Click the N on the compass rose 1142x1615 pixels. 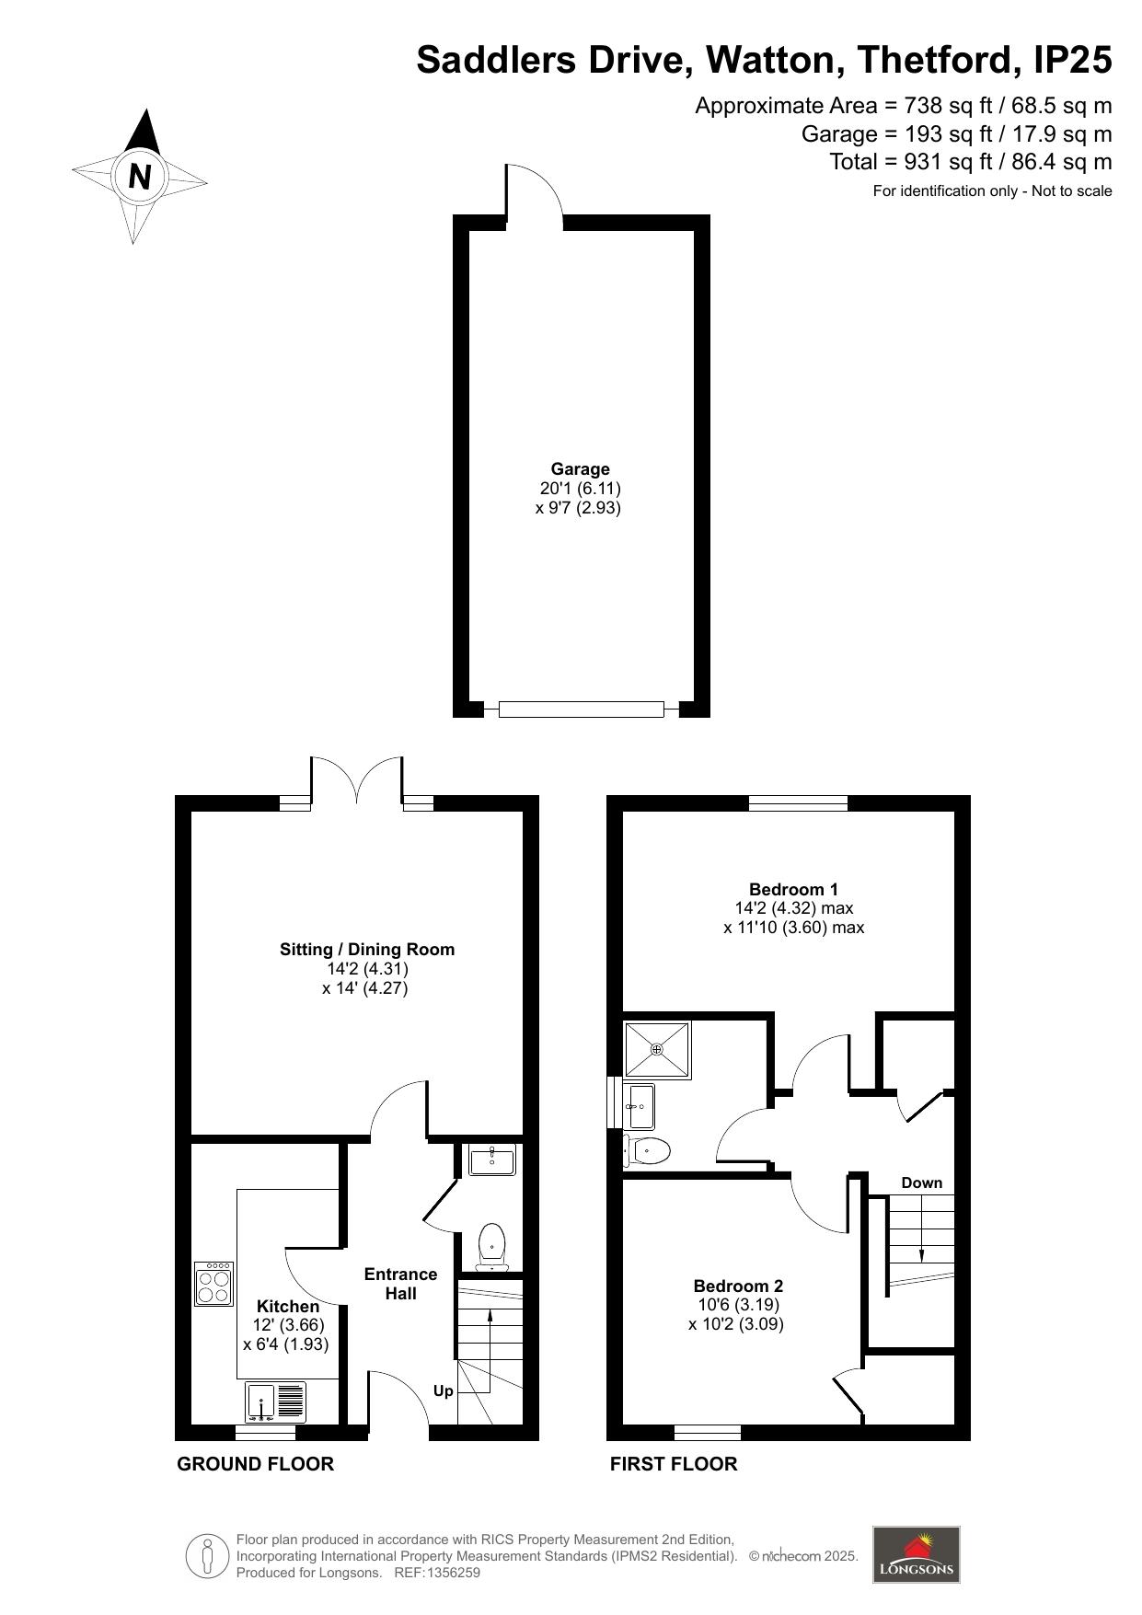tap(140, 176)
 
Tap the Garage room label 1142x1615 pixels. tap(580, 469)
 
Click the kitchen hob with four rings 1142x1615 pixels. tap(213, 1284)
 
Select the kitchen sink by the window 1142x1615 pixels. tap(276, 1403)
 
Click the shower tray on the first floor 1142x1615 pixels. tap(657, 1049)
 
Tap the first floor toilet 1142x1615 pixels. tap(647, 1150)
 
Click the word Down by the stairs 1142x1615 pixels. tap(921, 1182)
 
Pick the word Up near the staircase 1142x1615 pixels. tap(444, 1391)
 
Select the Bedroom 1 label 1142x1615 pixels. tap(793, 889)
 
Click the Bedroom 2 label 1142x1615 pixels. tap(738, 1286)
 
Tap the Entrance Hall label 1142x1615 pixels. tap(400, 1284)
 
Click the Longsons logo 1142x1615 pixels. tap(916, 1554)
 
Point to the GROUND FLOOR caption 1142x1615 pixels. tap(255, 1463)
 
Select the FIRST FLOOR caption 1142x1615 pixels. tap(674, 1463)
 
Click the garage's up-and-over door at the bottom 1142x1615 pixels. tap(581, 709)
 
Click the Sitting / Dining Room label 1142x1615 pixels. tap(367, 950)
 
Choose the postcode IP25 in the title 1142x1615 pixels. tap(1073, 60)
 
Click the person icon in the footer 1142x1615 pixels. tap(207, 1556)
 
